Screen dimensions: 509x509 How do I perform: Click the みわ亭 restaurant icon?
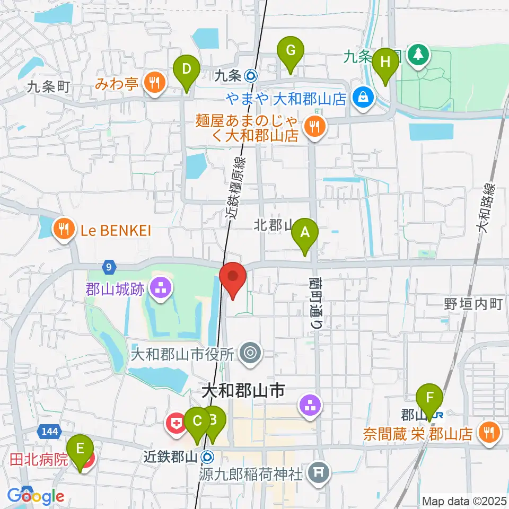tap(154, 82)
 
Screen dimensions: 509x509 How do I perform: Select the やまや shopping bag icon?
tap(363, 98)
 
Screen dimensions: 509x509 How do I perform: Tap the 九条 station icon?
tap(252, 76)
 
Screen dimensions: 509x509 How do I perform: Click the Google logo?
tap(36, 496)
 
